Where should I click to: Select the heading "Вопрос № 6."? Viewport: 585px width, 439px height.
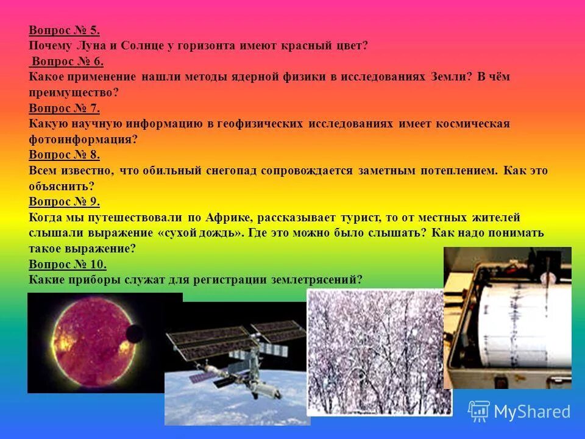(68, 62)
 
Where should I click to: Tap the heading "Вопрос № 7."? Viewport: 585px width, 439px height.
(64, 109)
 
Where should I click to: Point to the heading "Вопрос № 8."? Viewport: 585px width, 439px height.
(64, 155)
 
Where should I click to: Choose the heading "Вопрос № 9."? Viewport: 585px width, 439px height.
(64, 202)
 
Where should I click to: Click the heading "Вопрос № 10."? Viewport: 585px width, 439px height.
(68, 264)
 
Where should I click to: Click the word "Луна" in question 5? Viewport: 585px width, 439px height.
(91, 46)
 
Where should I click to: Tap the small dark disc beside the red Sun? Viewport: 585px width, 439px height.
(134, 334)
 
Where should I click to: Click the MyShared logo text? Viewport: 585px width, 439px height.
(531, 412)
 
